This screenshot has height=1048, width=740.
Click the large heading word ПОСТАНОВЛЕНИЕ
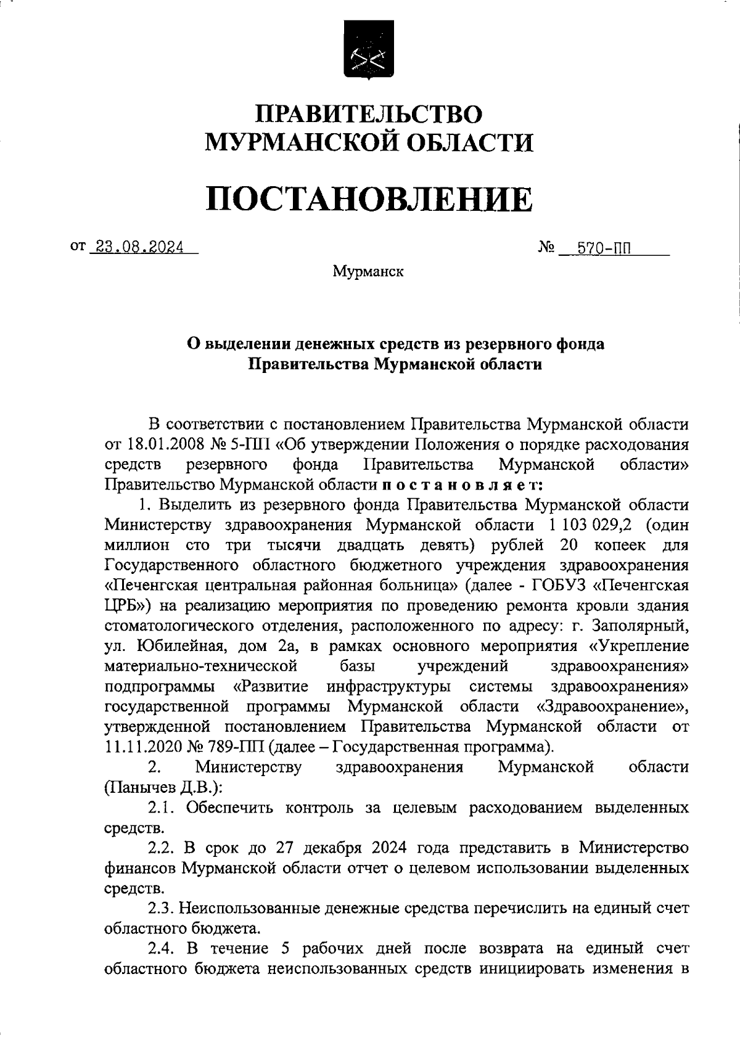(x=369, y=200)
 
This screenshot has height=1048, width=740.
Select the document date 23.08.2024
(x=136, y=247)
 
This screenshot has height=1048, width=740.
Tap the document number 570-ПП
(x=603, y=249)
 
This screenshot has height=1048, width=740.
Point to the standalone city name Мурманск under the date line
(x=368, y=271)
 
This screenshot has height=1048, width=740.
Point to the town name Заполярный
(x=639, y=626)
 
